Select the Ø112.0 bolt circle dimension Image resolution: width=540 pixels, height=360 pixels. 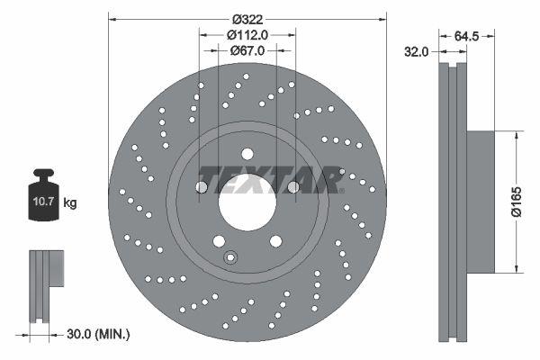(x=247, y=35)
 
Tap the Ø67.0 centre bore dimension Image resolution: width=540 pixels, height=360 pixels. (x=247, y=51)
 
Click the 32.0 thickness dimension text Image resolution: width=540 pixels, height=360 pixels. (x=417, y=52)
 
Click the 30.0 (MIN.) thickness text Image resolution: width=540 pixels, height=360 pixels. (x=99, y=334)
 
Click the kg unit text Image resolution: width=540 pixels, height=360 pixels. (x=70, y=203)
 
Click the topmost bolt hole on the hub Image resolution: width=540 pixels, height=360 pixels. (x=247, y=153)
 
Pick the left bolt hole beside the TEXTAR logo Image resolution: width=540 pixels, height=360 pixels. (x=202, y=186)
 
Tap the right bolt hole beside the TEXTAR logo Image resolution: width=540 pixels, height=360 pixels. (x=292, y=186)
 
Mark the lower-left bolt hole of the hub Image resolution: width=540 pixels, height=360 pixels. (x=219, y=239)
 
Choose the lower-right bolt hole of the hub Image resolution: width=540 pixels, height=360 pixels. (x=274, y=239)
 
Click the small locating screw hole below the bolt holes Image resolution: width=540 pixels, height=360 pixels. (x=230, y=258)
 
